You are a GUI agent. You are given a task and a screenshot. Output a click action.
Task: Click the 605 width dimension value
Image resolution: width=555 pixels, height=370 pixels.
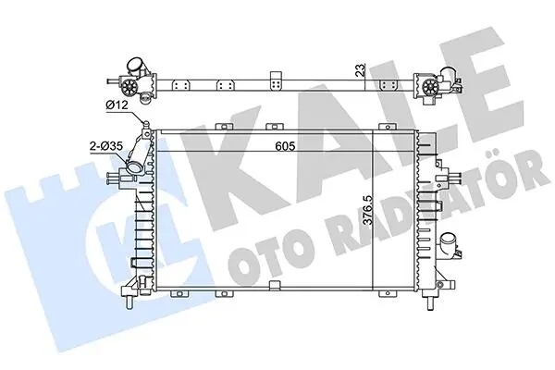coord(285,146)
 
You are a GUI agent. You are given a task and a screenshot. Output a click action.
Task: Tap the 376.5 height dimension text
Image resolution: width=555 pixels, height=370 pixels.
coord(368,210)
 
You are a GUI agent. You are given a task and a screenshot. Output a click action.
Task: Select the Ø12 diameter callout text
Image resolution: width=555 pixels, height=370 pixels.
coord(117,105)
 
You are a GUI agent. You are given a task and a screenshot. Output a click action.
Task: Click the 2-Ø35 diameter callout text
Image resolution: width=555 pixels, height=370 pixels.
coord(105,146)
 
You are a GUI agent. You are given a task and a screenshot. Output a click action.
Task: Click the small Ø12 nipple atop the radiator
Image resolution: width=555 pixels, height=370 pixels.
coord(145,123)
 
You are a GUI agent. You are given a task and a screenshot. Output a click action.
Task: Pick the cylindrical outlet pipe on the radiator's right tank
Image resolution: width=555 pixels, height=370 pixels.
coord(448,244)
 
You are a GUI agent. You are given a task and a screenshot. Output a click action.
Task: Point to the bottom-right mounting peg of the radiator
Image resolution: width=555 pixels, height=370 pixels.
coord(430,302)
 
